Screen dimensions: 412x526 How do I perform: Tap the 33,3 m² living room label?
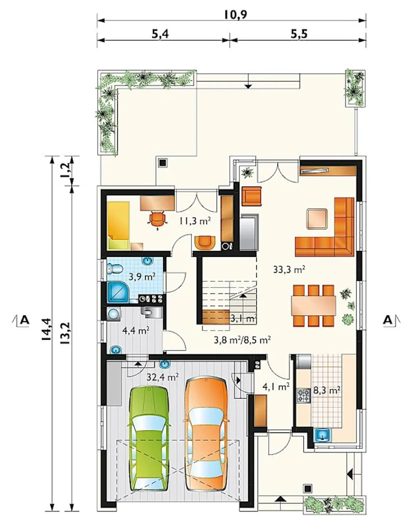pos(289,269)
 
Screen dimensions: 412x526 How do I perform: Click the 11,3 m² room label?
pos(195,221)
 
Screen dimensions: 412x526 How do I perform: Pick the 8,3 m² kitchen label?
pos(327,390)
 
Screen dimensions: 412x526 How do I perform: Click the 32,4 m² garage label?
pos(163,377)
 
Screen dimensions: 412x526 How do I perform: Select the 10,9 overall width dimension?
pos(235,15)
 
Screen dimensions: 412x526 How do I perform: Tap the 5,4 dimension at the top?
pos(160,34)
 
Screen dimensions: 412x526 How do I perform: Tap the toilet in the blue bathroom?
pos(115,268)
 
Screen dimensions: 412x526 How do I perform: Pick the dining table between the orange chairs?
pos(314,305)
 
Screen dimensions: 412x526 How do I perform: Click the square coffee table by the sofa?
pos(317,219)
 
